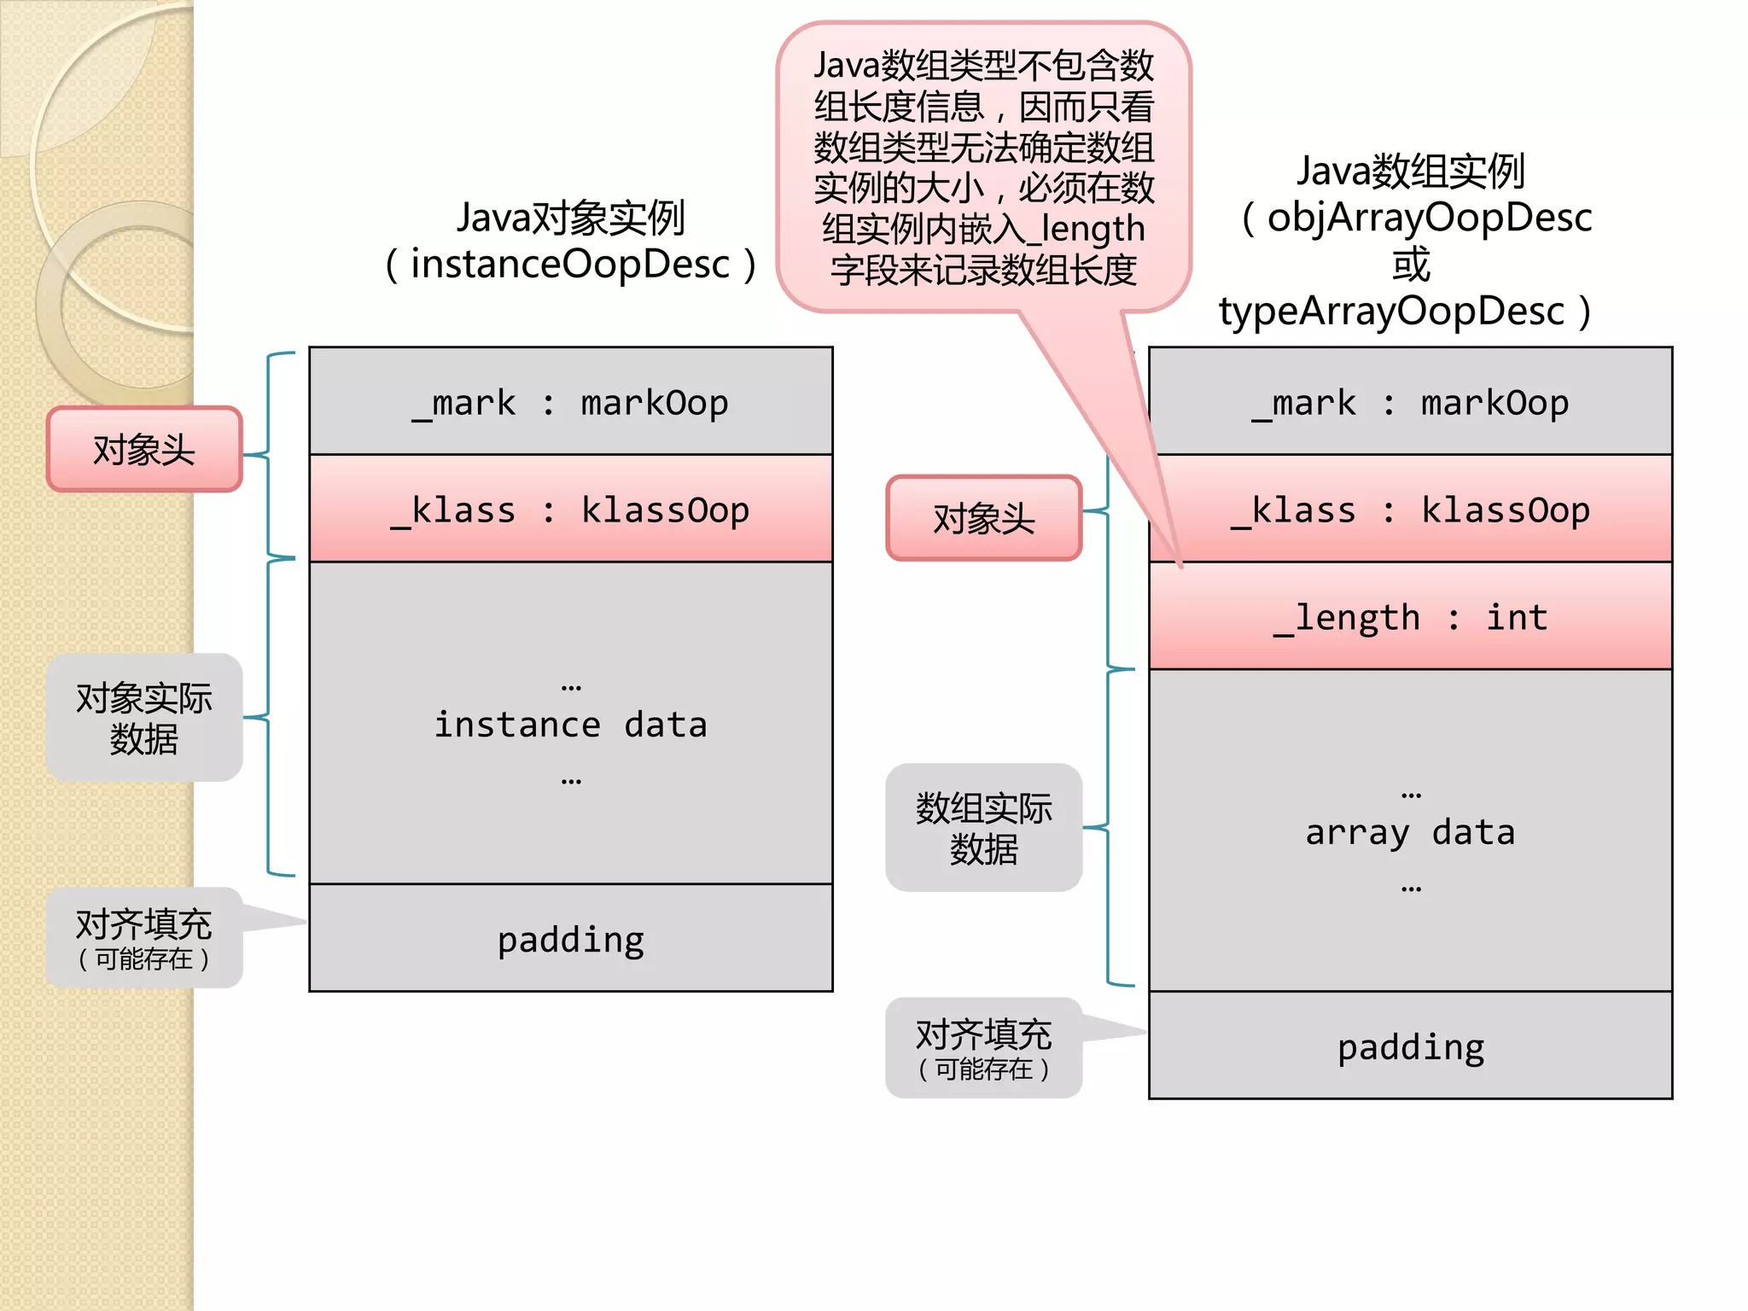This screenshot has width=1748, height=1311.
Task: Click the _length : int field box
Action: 1410,616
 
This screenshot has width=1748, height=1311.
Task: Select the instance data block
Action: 570,724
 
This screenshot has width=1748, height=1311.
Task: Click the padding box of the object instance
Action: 570,939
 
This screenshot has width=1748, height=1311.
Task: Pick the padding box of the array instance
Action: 1410,1046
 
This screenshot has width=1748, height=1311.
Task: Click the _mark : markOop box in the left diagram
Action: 570,401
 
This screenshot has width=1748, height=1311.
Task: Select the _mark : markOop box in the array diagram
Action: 1410,401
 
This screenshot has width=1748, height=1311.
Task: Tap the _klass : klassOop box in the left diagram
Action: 570,510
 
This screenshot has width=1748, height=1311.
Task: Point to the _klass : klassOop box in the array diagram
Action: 1410,510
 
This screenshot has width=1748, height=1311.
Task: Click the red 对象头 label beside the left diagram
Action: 144,450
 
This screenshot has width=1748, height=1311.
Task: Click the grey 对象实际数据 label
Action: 144,718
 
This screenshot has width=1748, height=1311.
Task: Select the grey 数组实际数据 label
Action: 984,828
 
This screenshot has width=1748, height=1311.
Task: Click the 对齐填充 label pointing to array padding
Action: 984,1048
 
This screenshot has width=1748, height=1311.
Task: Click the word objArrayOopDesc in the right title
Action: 1430,218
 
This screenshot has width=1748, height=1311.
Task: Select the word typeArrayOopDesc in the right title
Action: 1391,312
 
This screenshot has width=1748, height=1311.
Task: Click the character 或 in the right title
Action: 1410,265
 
